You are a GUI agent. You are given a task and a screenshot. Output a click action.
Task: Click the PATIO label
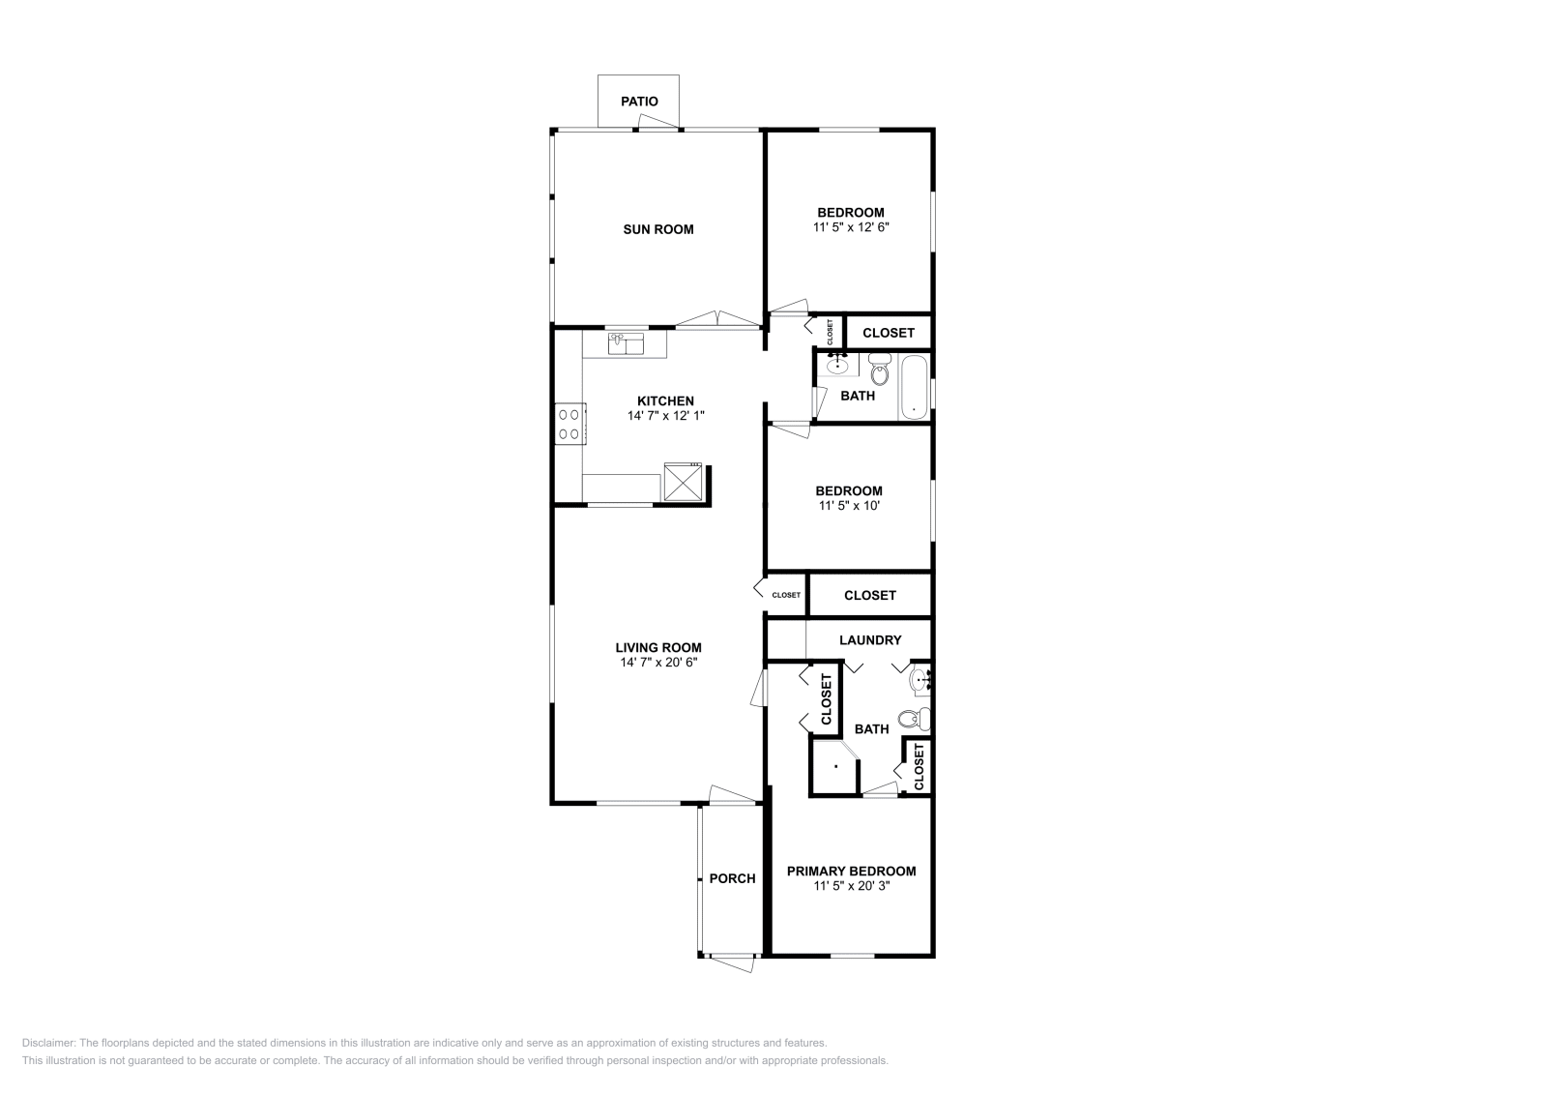[639, 101]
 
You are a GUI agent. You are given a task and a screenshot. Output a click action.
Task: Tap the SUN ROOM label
[657, 229]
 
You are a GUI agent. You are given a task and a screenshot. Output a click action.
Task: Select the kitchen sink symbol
[627, 342]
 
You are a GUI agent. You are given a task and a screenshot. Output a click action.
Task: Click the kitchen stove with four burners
[569, 424]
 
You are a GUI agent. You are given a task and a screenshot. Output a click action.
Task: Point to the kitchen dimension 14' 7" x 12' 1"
[665, 416]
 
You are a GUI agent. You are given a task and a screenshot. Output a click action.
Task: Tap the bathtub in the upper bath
[915, 388]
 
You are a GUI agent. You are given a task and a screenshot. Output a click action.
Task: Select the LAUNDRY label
[869, 640]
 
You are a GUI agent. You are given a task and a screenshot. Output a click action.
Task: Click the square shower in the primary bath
[834, 767]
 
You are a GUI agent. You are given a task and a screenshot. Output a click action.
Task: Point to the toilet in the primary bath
[912, 719]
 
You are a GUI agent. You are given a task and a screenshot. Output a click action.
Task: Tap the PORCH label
[732, 878]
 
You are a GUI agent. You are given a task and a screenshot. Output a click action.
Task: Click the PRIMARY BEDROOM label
[851, 871]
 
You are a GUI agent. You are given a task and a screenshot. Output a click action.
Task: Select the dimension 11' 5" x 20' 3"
[851, 885]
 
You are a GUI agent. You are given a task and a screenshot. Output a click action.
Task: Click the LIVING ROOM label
[657, 648]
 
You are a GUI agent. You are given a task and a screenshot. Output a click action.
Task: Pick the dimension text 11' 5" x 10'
[850, 505]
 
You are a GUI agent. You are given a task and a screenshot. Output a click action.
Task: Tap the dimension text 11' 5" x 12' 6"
[850, 227]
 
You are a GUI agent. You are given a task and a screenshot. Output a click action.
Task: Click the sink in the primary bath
[919, 681]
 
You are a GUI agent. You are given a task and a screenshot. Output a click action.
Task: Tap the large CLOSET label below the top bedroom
[888, 333]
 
